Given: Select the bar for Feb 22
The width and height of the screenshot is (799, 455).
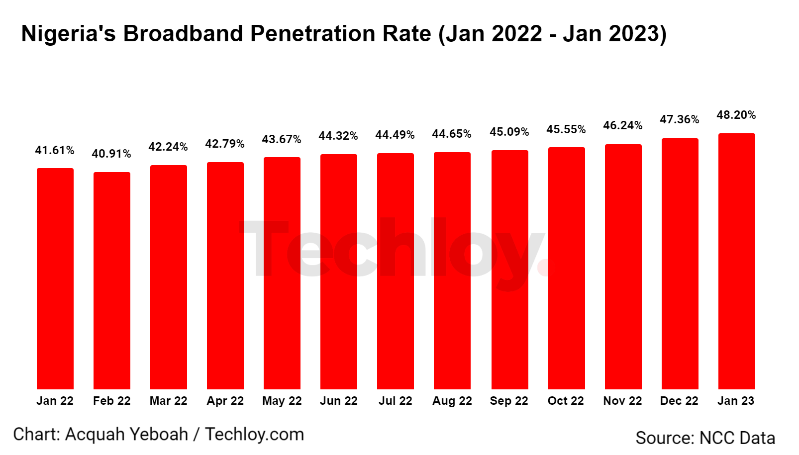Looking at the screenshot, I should [112, 281].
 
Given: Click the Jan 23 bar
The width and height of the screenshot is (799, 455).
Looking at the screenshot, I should [736, 261].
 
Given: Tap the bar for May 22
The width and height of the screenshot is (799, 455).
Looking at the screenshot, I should [282, 273].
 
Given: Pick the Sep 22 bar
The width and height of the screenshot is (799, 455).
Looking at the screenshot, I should [509, 270].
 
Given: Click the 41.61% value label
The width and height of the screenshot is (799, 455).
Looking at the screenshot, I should [55, 150].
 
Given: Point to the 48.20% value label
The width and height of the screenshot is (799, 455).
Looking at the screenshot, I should [736, 115].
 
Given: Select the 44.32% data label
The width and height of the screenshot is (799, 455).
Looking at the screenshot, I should [338, 136].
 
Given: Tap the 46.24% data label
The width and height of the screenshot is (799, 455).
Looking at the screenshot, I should [622, 125].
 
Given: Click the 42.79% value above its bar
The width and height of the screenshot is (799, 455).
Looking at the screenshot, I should [225, 144].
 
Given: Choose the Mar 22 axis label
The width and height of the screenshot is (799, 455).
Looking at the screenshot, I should [168, 401].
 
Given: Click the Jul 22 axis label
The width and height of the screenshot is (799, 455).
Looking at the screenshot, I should [395, 401].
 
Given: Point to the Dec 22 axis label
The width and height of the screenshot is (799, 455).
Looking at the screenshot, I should [679, 401].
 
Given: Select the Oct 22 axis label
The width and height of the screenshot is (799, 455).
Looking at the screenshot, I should [566, 401].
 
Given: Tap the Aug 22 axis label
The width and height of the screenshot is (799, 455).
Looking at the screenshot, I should [452, 401].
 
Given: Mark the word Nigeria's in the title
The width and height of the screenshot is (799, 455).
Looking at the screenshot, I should [69, 34].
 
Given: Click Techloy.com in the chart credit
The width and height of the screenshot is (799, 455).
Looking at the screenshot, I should [254, 434].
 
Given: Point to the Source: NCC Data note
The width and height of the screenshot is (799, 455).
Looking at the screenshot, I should [705, 438].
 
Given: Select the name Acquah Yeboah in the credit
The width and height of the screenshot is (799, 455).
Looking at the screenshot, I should [126, 434].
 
